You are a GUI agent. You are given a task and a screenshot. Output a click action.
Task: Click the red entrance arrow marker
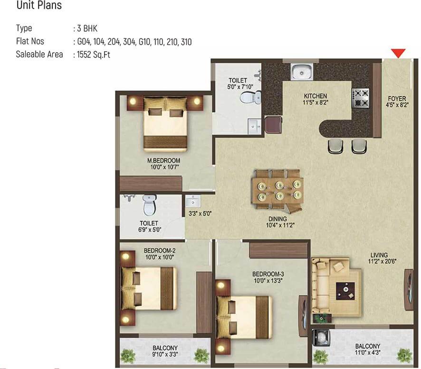click(x=398, y=53)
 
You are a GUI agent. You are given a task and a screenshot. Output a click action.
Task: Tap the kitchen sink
click(x=302, y=72)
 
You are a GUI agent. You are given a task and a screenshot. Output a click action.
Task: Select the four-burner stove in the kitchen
click(x=361, y=98)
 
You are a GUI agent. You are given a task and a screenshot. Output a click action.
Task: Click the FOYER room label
click(x=397, y=98)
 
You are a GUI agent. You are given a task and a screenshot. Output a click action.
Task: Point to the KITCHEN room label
click(x=316, y=96)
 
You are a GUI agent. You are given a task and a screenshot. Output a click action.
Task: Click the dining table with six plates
click(x=278, y=189)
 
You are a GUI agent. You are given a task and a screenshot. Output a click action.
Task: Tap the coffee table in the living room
click(x=346, y=291)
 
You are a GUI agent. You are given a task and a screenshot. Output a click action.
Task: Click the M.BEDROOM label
click(x=163, y=160)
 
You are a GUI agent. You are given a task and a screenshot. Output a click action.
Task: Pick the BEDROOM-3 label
click(x=268, y=274)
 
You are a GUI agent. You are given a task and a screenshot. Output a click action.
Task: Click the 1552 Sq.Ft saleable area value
click(x=94, y=55)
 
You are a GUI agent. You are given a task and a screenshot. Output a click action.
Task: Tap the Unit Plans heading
click(x=39, y=5)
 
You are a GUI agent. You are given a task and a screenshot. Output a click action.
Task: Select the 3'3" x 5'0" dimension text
click(x=200, y=213)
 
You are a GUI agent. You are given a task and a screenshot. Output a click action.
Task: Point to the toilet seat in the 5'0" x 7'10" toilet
click(x=250, y=97)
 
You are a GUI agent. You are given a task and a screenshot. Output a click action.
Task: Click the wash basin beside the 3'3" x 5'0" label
click(x=193, y=201)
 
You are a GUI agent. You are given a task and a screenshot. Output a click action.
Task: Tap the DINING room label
click(x=277, y=219)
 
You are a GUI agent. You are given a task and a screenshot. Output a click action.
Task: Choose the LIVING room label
click(x=379, y=255)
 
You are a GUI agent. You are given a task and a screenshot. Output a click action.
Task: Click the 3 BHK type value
click(x=87, y=28)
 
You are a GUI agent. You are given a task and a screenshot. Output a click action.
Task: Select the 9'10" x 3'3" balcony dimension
click(x=165, y=354)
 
